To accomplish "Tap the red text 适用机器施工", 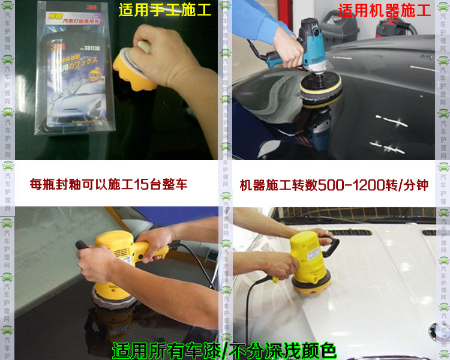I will tap(383, 10).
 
